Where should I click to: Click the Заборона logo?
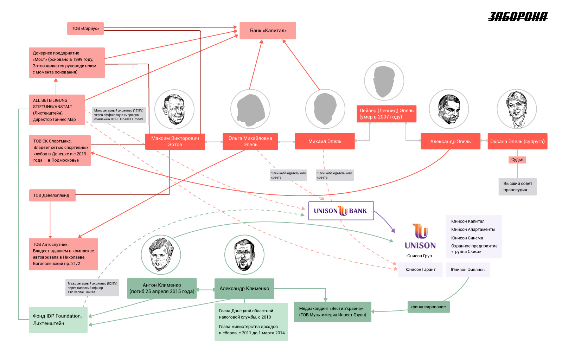[x=518, y=17]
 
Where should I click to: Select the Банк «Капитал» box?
[x=268, y=31]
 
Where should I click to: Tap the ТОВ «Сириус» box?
[x=85, y=28]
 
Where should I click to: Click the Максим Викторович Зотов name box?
[x=175, y=141]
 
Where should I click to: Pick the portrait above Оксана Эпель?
[x=517, y=109]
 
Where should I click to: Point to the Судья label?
[x=517, y=160]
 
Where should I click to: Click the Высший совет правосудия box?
[x=518, y=187]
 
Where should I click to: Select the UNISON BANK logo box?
[x=341, y=211]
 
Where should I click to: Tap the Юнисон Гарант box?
[x=420, y=270]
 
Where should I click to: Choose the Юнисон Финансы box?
[x=468, y=270]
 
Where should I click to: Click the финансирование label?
[x=428, y=307]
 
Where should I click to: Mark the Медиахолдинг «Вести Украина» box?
[x=333, y=312]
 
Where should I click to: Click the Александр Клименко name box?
[x=244, y=289]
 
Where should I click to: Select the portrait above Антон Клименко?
[x=161, y=255]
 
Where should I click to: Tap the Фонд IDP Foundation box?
[x=58, y=320]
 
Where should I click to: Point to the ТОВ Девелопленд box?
[x=52, y=195]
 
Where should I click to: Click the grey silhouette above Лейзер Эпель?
[x=384, y=81]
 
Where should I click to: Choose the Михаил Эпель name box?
[x=325, y=141]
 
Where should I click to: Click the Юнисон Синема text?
[x=467, y=238]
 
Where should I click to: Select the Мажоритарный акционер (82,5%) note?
[x=92, y=288]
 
